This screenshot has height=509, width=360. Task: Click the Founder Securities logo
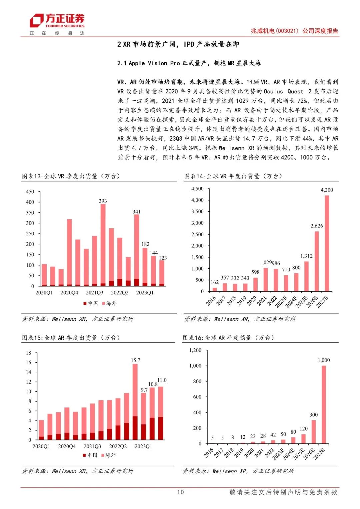pyautogui.click(x=57, y=21)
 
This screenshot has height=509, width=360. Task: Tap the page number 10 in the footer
pyautogui.click(x=180, y=492)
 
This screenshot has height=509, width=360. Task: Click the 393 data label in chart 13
pyautogui.click(x=103, y=201)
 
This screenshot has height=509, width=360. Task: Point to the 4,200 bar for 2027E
pyautogui.click(x=327, y=243)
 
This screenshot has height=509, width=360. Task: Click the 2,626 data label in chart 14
pyautogui.click(x=317, y=226)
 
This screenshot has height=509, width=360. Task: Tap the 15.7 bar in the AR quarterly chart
pyautogui.click(x=135, y=402)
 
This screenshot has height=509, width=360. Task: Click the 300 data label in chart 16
pyautogui.click(x=314, y=415)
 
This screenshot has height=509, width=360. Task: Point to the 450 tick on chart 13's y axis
pyautogui.click(x=30, y=192)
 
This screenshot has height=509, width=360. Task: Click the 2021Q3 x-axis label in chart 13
pyautogui.click(x=94, y=293)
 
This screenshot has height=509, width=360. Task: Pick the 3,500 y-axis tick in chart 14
pyautogui.click(x=197, y=211)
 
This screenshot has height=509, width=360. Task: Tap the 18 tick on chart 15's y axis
pyautogui.click(x=29, y=353)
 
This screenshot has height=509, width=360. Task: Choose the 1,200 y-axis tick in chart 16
pyautogui.click(x=195, y=350)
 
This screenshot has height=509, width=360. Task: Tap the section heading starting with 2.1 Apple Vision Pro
pyautogui.click(x=189, y=63)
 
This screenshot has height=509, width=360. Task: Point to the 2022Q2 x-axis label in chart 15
pyautogui.click(x=118, y=446)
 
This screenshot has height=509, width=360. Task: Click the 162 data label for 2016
pyautogui.click(x=215, y=282)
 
